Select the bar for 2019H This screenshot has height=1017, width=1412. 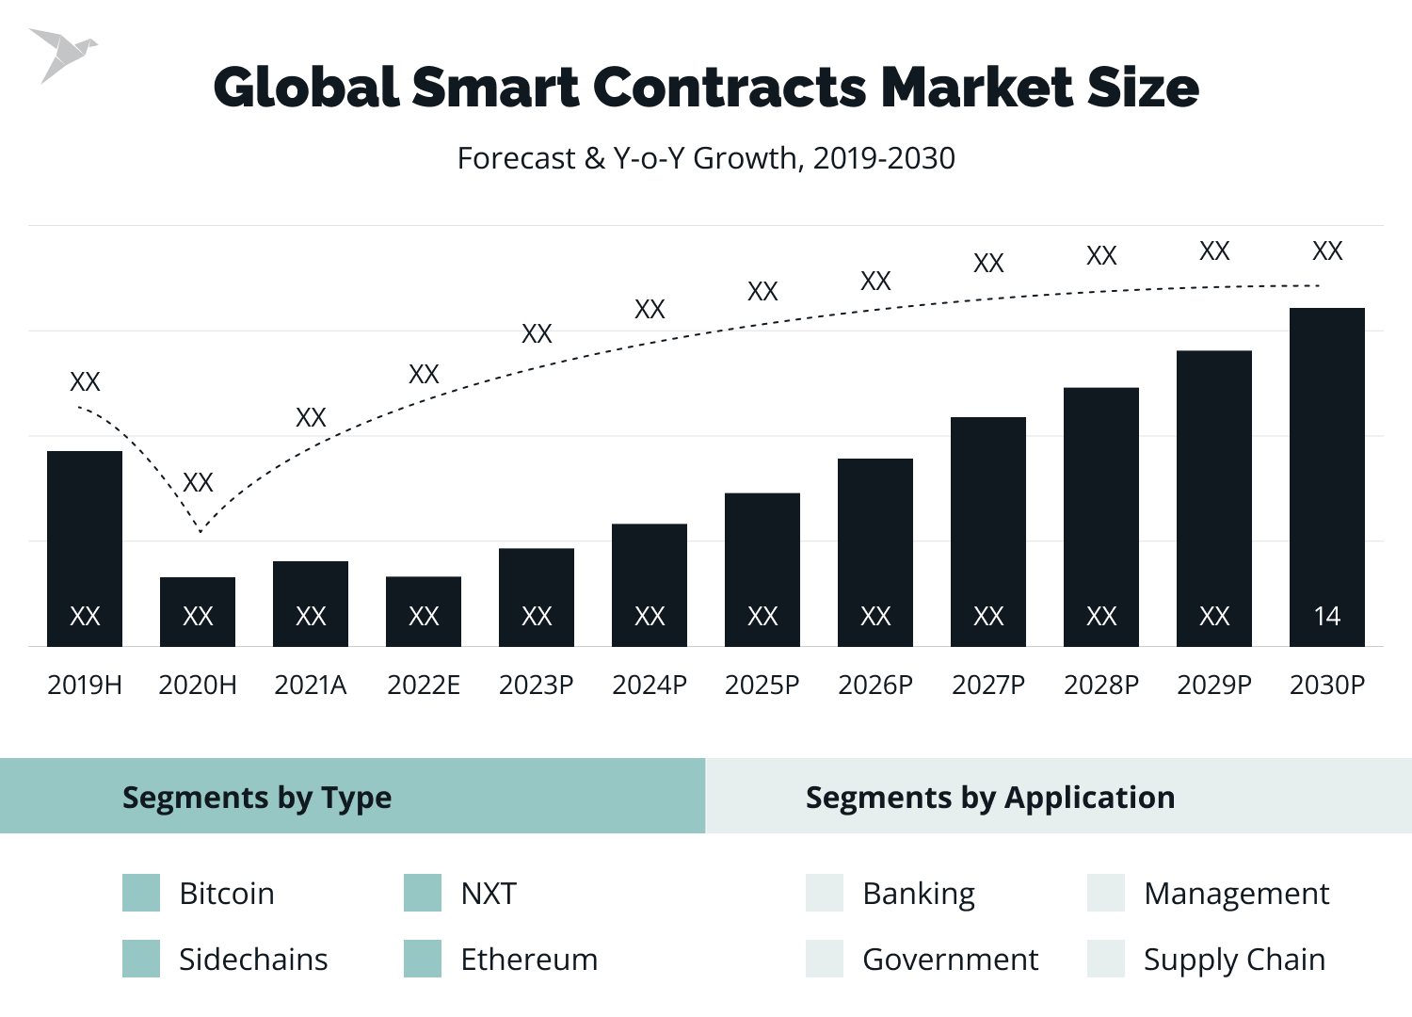pos(85,548)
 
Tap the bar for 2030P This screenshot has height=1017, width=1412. pos(1326,476)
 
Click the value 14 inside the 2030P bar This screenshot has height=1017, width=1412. pos(1326,616)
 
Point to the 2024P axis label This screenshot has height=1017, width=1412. pos(650,685)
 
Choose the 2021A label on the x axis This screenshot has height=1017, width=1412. pos(311,685)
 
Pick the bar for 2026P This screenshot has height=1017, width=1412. pos(875,552)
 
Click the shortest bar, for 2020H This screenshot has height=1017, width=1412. pos(198,611)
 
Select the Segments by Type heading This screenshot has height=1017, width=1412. pos(257,798)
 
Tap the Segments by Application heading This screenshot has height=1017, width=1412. pos(990,798)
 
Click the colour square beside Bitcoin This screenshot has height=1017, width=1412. pos(141,893)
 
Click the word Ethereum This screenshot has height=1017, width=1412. pos(529,959)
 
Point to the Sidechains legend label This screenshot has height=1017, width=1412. pos(253,959)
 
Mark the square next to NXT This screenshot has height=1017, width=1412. pos(423,893)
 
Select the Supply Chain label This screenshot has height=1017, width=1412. pos(1234,959)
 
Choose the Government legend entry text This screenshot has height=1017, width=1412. pos(950,959)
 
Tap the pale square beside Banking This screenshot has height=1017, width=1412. pos(825,893)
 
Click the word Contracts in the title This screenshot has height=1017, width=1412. pos(730,88)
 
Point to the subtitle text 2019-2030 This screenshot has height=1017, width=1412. pos(884,158)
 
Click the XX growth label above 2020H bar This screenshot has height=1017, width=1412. pos(198,482)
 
